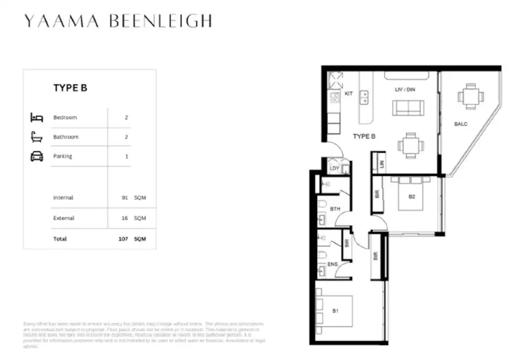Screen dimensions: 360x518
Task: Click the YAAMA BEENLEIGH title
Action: tap(118, 21)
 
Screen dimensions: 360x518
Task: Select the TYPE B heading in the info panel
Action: tap(70, 88)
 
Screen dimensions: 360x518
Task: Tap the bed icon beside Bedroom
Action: tap(36, 117)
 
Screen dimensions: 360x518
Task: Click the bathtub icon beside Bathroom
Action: tap(36, 136)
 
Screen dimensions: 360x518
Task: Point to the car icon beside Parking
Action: tap(36, 156)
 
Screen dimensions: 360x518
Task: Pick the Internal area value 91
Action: tap(125, 198)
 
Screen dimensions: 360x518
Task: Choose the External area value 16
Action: tap(125, 219)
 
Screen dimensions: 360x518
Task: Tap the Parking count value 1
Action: tap(127, 156)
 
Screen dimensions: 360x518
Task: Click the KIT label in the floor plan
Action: tap(348, 94)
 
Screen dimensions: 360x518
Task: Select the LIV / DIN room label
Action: tap(405, 90)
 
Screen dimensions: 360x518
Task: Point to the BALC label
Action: tap(460, 124)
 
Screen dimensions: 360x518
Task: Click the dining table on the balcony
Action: tap(470, 97)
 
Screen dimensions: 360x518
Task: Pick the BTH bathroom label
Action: tap(335, 209)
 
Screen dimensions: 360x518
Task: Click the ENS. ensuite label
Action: tap(334, 265)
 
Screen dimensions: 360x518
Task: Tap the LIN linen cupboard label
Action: tap(381, 163)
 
